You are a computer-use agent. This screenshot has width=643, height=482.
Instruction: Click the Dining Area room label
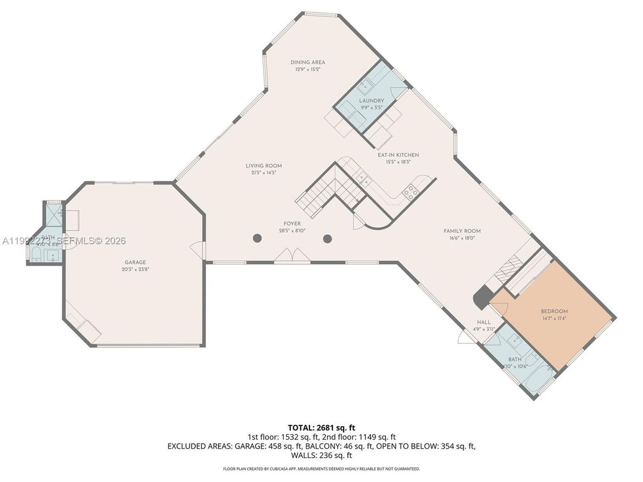pos(308,62)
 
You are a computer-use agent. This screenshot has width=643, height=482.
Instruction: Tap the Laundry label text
pos(371,100)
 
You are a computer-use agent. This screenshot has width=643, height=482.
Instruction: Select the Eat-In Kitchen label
pos(398,155)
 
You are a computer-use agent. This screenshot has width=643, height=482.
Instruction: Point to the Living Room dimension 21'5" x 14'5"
pos(264,173)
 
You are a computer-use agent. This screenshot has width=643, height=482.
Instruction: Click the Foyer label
pos(291,223)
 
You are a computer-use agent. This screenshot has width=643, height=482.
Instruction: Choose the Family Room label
pos(462,231)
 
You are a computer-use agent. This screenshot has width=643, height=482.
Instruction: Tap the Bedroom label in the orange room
pos(554,311)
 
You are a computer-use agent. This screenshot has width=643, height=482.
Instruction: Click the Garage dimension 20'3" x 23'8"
pos(135,269)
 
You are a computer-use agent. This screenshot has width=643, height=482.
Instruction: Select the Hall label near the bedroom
pos(483,322)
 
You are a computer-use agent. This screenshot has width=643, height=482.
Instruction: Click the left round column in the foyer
pos(257,238)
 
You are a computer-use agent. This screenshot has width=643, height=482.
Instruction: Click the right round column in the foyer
pos(327,238)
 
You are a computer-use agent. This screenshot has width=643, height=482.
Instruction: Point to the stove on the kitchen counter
pos(411,191)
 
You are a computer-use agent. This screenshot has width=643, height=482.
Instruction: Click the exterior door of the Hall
pos(468,338)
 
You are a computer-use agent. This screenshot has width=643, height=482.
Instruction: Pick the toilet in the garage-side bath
pos(36,254)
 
